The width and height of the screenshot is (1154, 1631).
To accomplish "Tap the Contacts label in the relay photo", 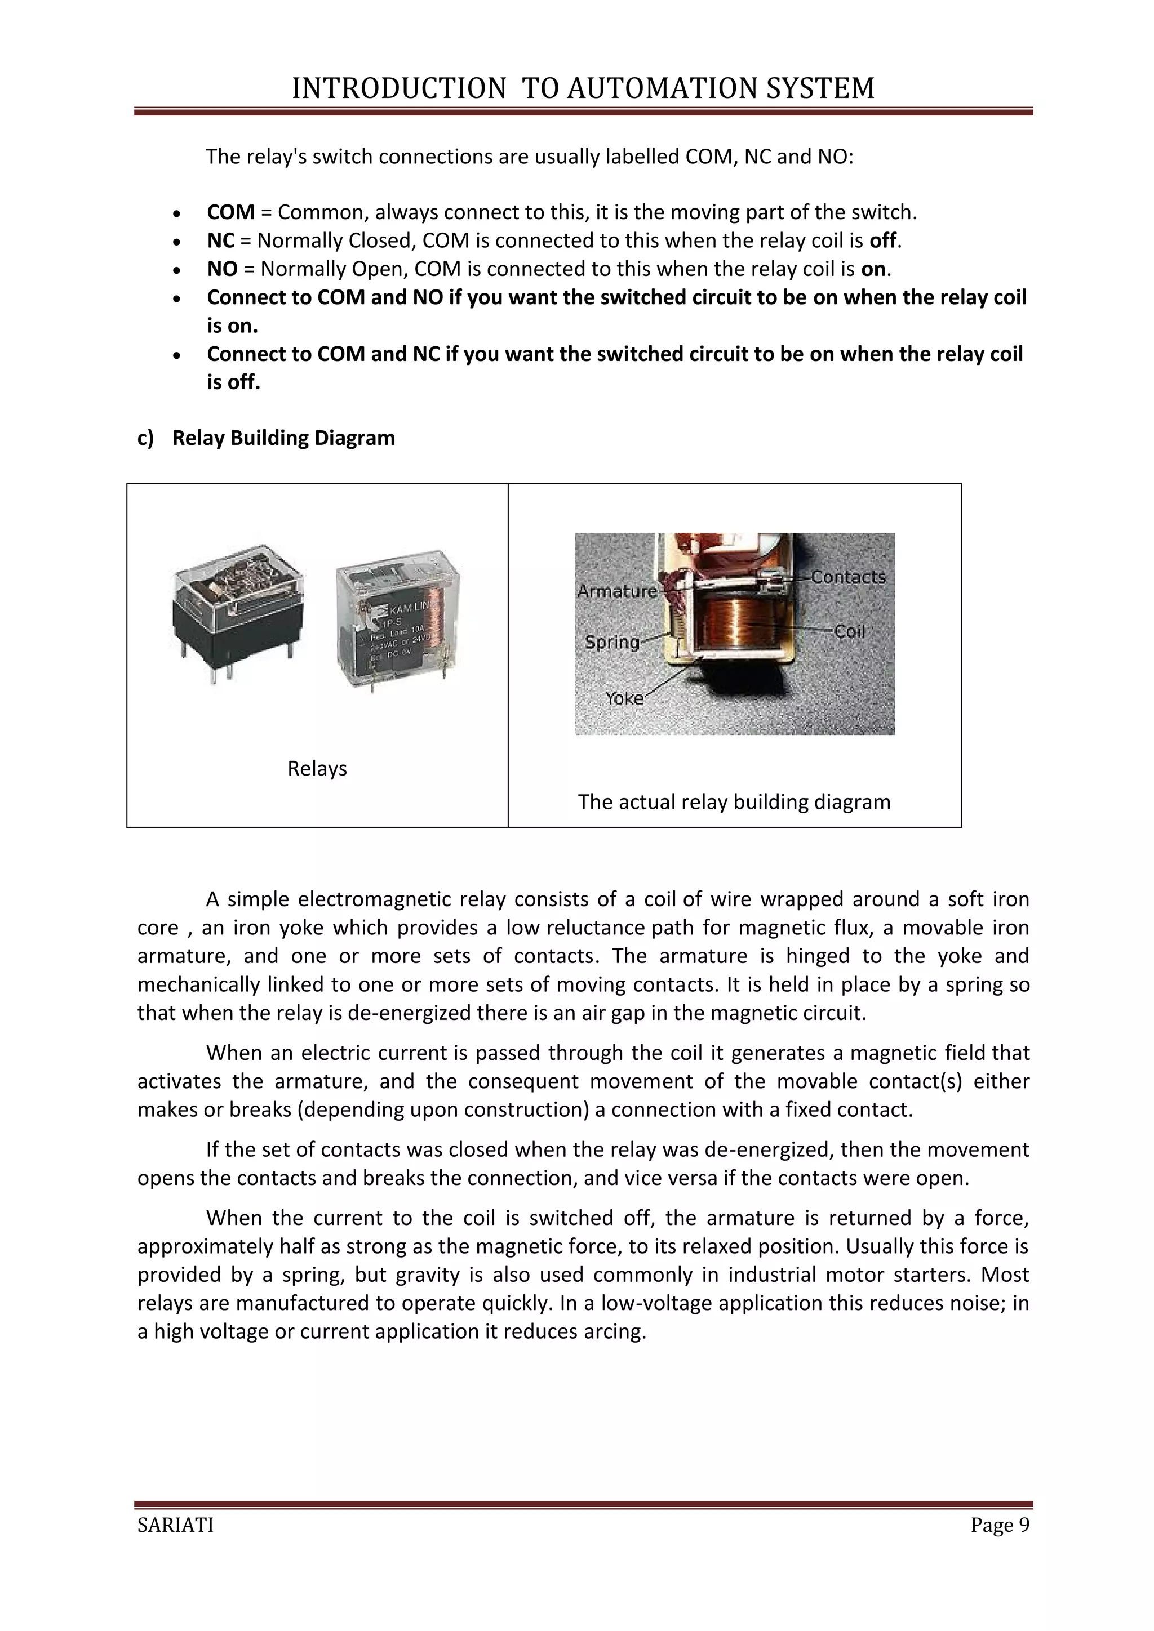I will [847, 577].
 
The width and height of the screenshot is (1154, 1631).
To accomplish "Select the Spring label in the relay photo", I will [612, 642].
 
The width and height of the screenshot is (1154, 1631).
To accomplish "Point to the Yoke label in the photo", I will [624, 698].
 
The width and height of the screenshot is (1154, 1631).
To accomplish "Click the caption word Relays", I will [317, 769].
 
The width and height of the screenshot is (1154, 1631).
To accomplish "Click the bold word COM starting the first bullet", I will [231, 212].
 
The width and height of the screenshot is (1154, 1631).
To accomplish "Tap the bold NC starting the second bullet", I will [220, 241].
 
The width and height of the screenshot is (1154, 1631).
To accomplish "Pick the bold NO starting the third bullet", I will [221, 269].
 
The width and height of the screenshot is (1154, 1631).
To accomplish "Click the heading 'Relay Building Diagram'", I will [283, 438].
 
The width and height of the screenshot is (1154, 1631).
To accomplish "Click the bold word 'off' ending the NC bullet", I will [882, 241].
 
